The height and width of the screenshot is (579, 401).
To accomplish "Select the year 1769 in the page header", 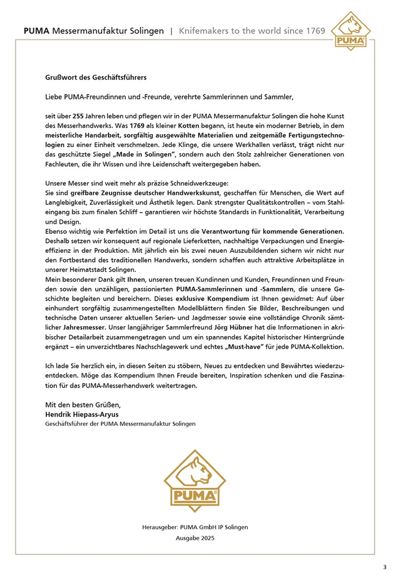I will (314, 31).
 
